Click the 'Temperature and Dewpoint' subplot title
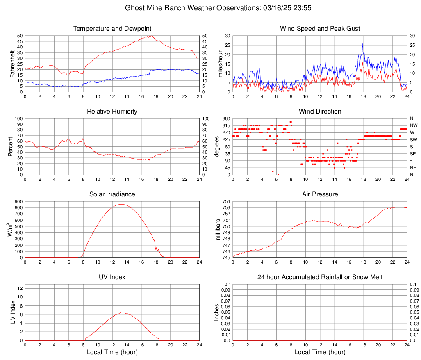(112, 29)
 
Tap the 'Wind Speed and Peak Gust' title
(320, 29)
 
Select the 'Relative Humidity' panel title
(112, 112)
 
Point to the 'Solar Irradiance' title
(112, 194)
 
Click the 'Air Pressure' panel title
(320, 194)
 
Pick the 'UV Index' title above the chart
(112, 277)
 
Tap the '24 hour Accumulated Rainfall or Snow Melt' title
(320, 277)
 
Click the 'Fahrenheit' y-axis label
(13, 64)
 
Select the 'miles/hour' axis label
(221, 64)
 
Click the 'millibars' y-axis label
(218, 230)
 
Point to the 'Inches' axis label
(218, 312)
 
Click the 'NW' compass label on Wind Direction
(414, 125)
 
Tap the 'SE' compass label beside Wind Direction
(414, 154)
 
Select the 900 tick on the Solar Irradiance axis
(18, 202)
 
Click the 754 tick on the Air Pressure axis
(226, 202)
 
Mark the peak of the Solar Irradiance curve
(121, 204)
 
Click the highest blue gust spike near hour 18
(362, 43)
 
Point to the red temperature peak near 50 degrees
(152, 36)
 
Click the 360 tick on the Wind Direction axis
(226, 118)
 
